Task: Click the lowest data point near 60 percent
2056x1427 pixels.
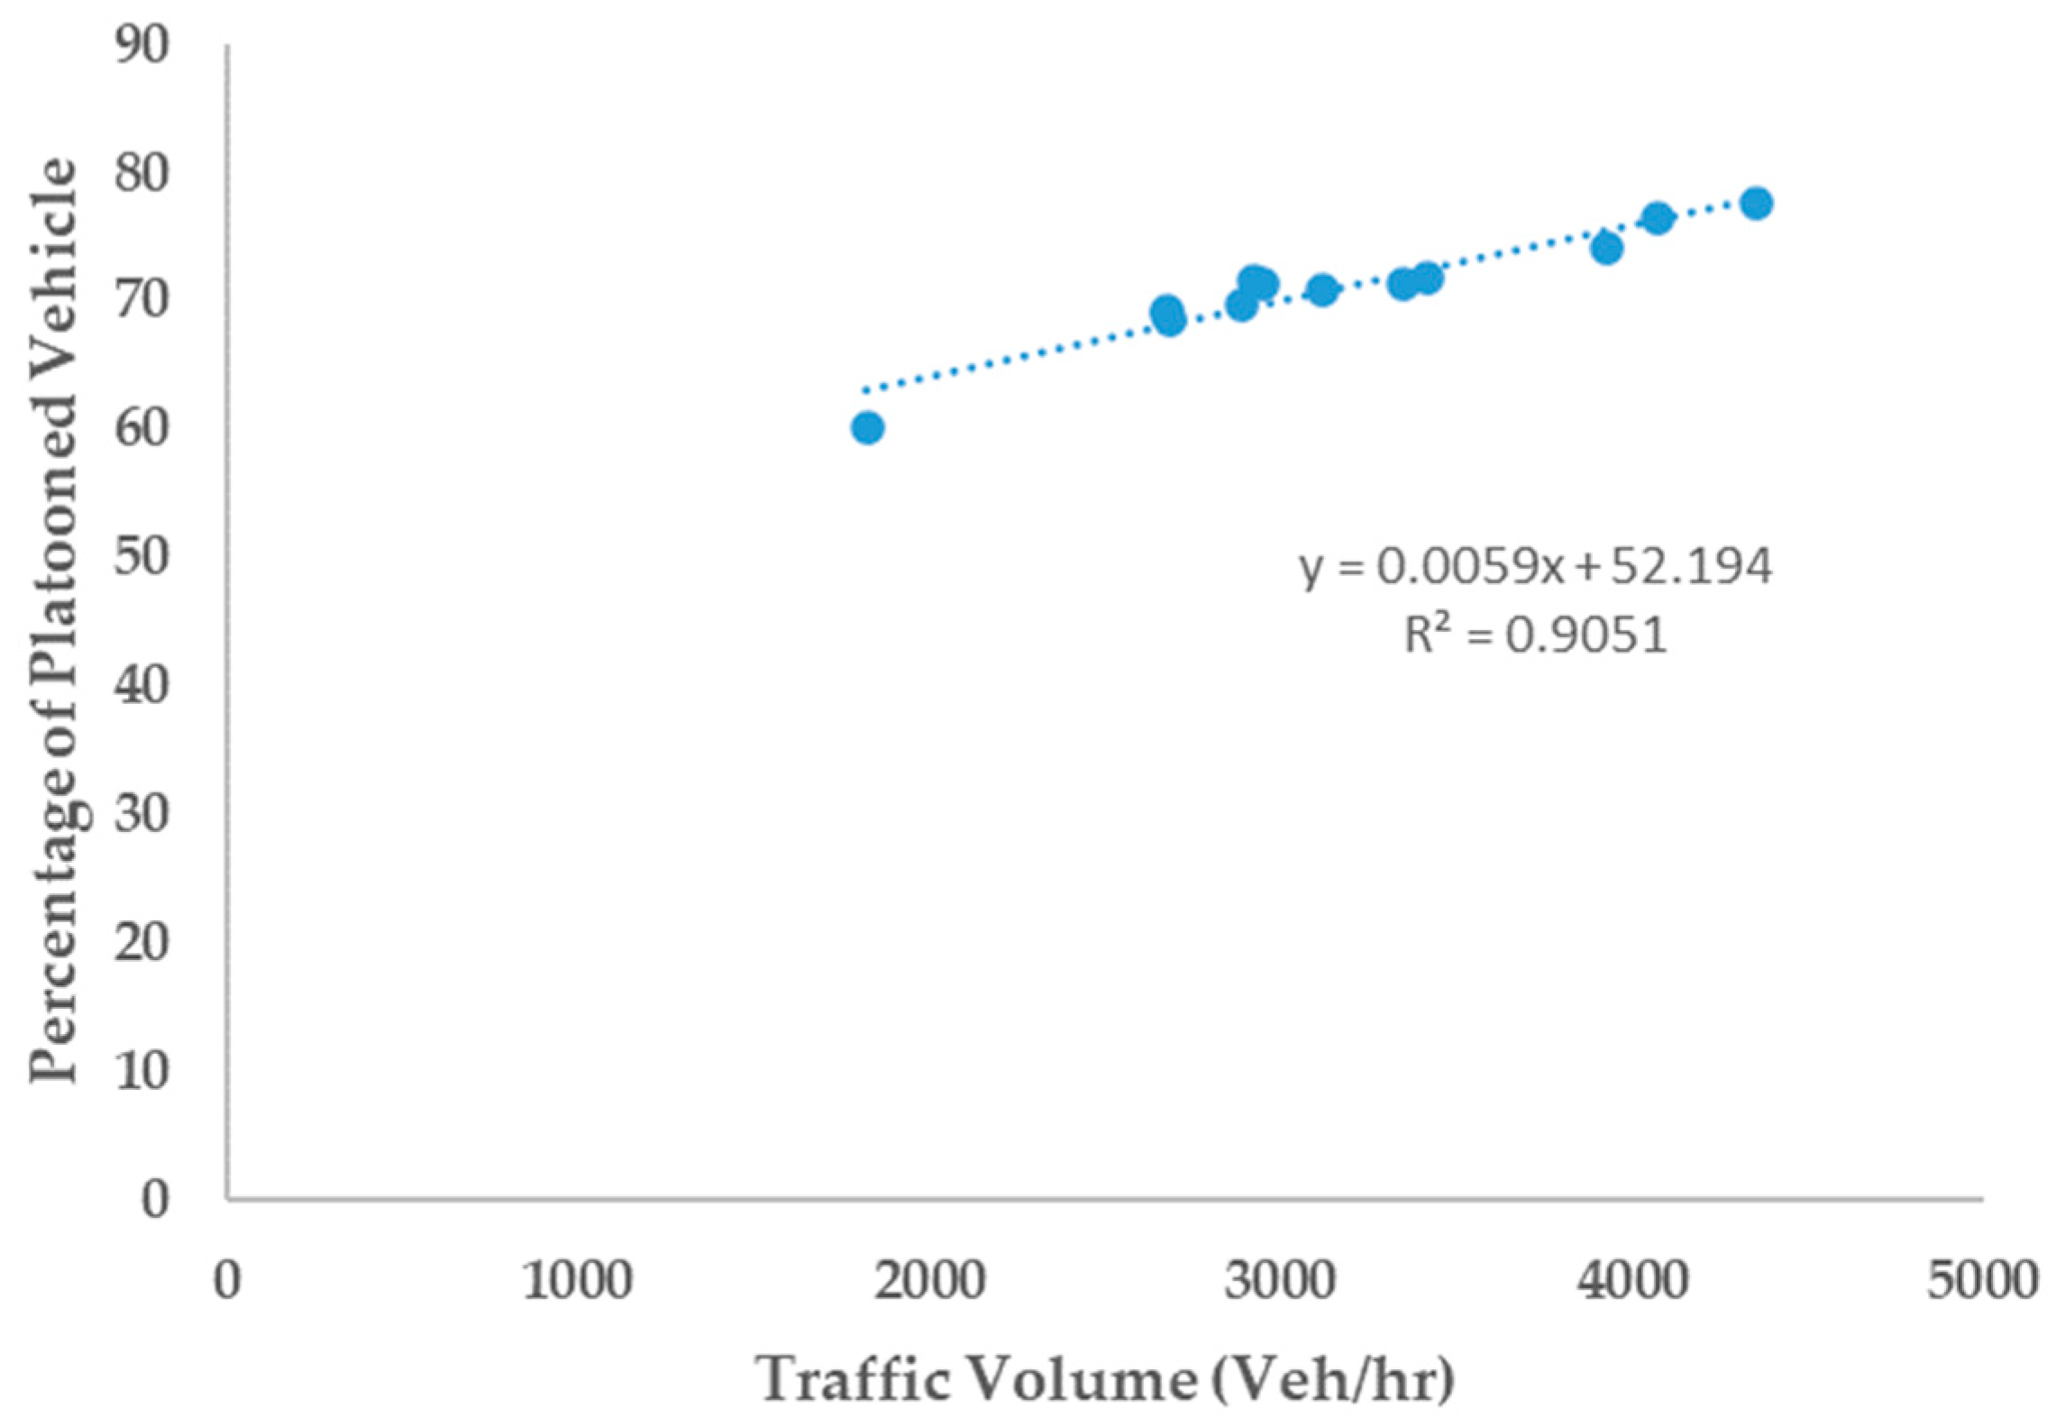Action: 867,427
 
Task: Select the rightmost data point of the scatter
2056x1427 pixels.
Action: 1757,204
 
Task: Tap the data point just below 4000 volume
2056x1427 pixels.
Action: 1607,248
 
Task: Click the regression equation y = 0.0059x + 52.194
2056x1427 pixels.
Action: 1535,567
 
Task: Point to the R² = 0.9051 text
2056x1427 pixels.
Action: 1535,636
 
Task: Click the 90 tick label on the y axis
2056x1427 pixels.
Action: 142,45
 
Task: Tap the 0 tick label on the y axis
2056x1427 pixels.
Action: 154,1199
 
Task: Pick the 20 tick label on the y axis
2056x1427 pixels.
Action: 142,943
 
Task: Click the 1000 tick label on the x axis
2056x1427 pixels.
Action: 578,1280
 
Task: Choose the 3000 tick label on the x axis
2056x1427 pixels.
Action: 1280,1280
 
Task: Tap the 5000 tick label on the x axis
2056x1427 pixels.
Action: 1982,1280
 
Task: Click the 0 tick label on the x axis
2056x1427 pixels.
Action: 227,1280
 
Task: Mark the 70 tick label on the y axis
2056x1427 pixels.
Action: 142,301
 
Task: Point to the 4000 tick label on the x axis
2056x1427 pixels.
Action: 1631,1280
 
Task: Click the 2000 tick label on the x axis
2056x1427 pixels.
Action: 929,1280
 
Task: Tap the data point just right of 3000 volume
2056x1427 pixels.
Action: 1322,289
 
